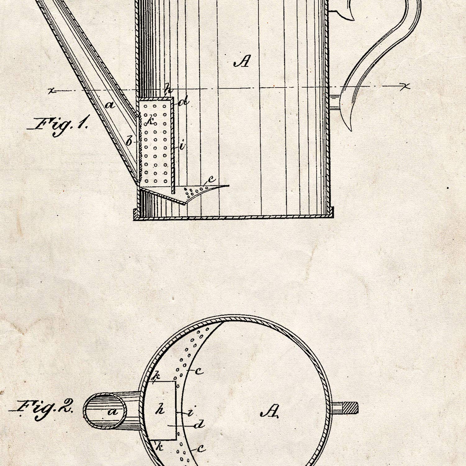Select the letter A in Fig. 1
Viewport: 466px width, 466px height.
point(242,61)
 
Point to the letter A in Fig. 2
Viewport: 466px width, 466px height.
point(269,411)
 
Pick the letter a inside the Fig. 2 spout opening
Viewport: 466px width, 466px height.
point(113,412)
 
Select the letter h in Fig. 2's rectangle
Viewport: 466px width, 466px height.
point(160,410)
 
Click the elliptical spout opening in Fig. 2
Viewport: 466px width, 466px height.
point(105,410)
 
